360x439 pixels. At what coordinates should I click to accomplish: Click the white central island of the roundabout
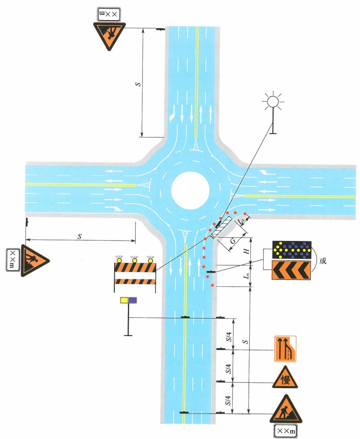point(190,190)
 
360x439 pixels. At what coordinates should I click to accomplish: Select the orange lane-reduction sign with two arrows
point(285,349)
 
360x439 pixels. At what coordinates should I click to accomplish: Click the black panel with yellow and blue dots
point(291,249)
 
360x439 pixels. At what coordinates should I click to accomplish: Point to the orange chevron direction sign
point(291,270)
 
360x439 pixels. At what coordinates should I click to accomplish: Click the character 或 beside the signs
point(323,261)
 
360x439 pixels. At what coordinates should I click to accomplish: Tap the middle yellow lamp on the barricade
point(135,260)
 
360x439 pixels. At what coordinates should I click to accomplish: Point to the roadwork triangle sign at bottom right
point(286,410)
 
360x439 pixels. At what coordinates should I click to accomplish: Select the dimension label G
point(233,240)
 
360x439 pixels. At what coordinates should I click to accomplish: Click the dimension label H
point(247,251)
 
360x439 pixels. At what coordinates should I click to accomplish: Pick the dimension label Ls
point(246,276)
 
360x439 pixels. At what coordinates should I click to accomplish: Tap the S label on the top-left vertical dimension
point(138,84)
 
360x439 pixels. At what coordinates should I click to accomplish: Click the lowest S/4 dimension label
point(229,401)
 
